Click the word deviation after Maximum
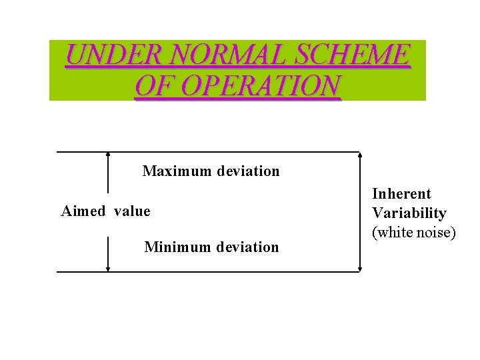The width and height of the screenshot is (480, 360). point(248,171)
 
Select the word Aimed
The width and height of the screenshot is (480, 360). point(83,211)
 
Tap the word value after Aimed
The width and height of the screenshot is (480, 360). point(132,211)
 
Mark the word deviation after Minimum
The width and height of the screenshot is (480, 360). point(247,247)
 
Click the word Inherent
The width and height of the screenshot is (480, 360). point(401,194)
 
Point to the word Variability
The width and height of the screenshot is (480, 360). point(409,213)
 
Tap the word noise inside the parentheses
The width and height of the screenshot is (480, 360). point(436,233)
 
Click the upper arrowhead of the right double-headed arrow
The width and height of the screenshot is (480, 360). point(360,156)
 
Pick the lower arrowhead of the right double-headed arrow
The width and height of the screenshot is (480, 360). point(360,268)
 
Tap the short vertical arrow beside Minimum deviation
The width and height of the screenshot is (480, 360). point(108,254)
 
